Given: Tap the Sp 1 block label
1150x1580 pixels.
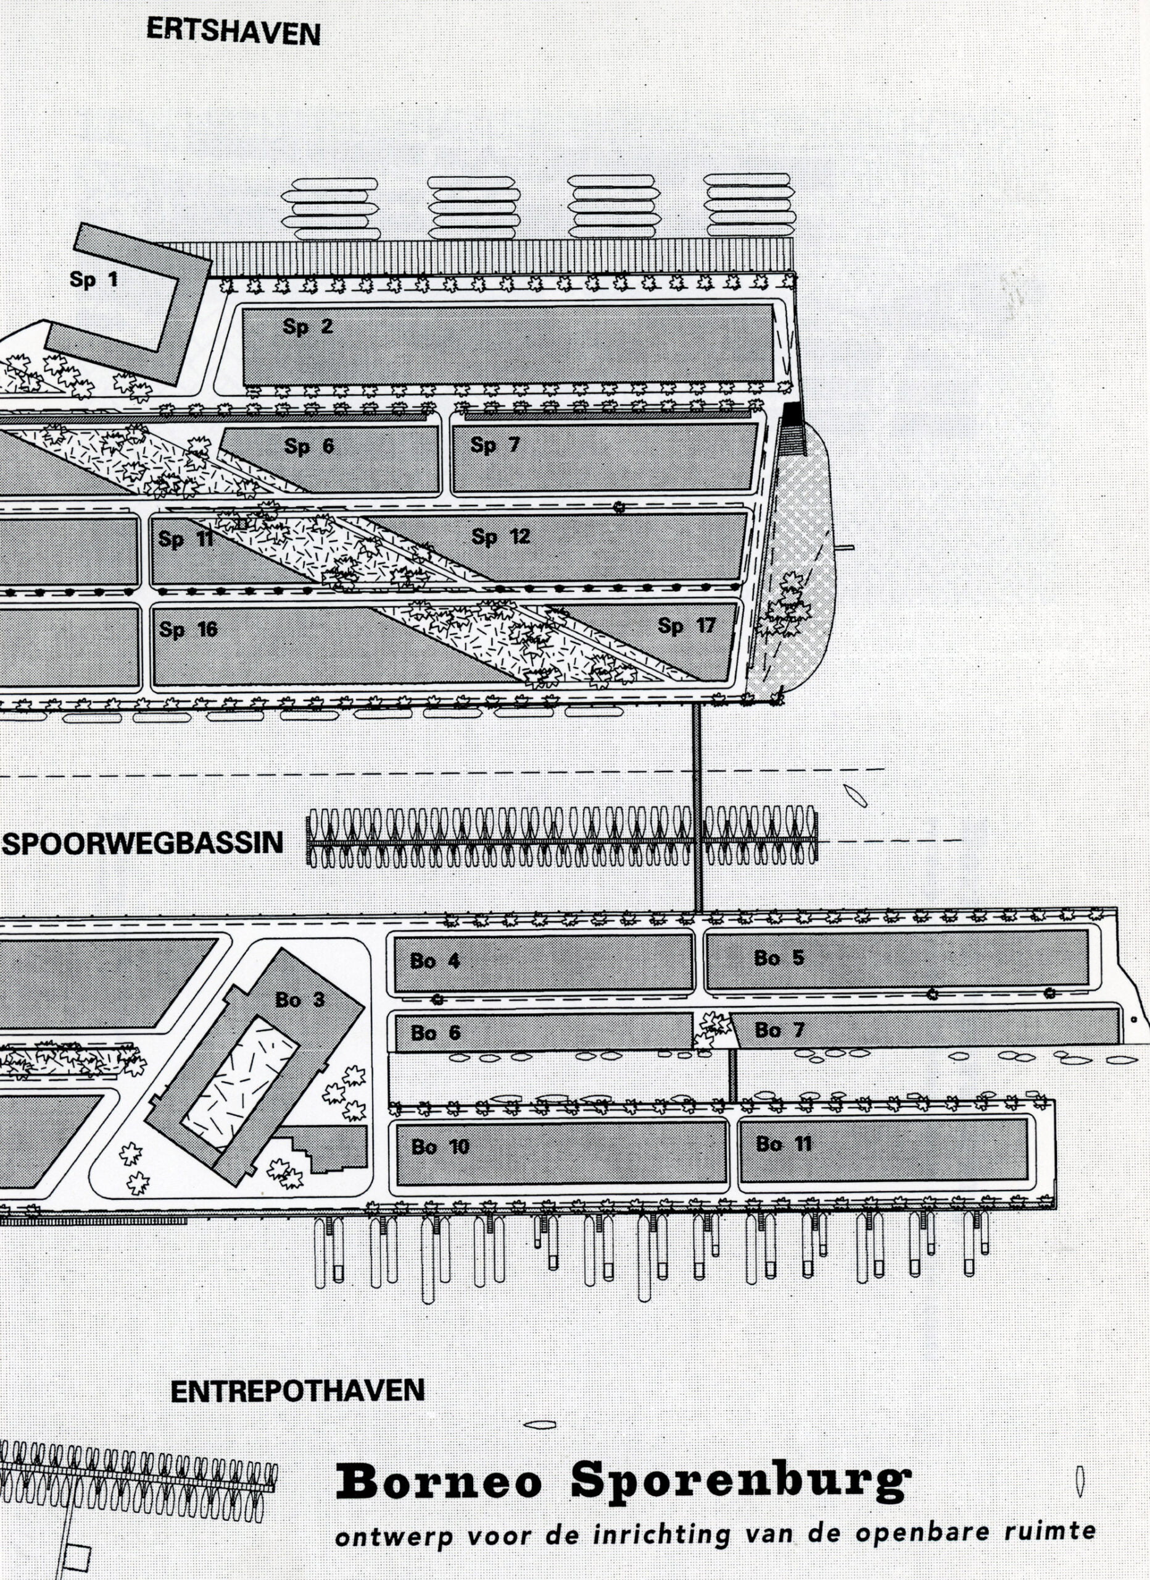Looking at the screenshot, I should [93, 280].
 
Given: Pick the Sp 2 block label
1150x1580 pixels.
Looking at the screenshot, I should [307, 326].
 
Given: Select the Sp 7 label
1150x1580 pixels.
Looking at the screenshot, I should [495, 444].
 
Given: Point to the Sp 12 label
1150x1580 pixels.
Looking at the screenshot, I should [500, 536].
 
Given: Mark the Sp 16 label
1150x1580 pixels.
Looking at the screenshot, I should [188, 630].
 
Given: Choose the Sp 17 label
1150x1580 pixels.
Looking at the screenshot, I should [686, 626].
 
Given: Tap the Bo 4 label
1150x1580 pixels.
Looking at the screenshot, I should [435, 962].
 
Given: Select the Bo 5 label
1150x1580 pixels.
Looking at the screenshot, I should [778, 958].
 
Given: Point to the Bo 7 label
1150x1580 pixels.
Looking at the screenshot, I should [779, 1029].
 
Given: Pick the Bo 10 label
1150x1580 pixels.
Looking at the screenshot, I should [441, 1147].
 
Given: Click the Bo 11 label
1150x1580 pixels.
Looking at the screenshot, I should [783, 1144].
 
